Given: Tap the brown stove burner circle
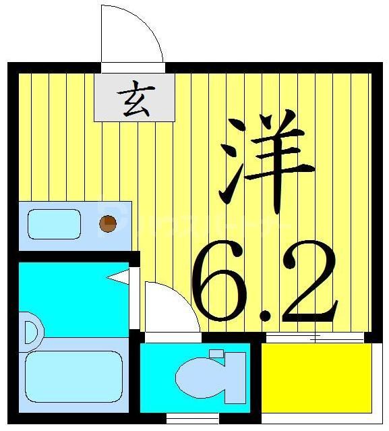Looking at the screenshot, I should coord(107,223).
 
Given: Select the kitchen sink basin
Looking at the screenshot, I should coord(54,224).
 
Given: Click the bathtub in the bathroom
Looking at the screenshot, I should coord(73,376).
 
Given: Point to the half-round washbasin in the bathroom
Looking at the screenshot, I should coord(30,332).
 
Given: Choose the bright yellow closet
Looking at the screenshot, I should coord(316,377).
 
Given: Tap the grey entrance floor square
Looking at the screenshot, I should coord(134,97).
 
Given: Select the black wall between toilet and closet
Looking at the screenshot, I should coord(256,378).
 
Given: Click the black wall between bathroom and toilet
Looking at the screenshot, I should coord(136,378).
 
